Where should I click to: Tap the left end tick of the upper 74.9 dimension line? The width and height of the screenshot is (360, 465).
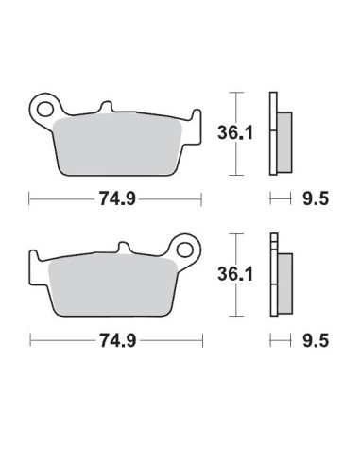[x=29, y=199]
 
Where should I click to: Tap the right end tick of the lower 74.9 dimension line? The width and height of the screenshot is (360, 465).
[x=202, y=339]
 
